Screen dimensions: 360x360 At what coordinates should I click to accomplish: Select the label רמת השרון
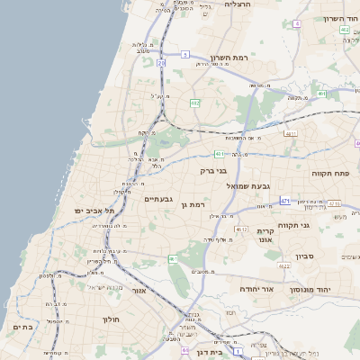228,57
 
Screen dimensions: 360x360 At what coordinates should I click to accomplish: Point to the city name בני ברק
211,169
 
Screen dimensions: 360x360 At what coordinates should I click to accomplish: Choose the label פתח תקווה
329,172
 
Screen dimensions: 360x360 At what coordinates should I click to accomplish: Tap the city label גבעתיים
158,198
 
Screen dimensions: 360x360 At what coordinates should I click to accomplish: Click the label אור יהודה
256,289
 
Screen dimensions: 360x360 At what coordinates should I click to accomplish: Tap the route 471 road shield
285,200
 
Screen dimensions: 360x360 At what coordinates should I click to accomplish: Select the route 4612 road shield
241,229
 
